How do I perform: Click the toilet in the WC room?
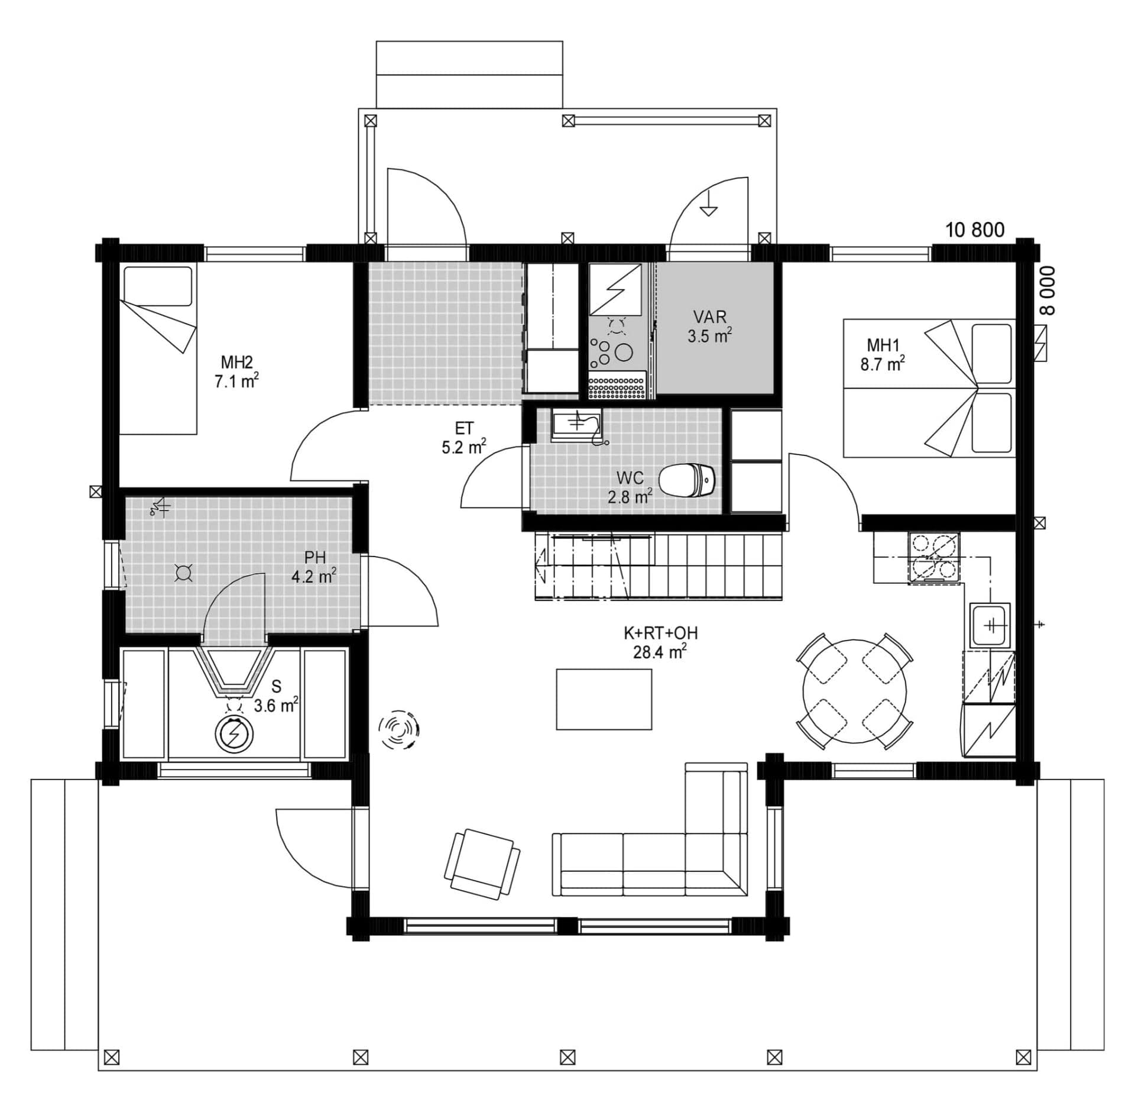(687, 480)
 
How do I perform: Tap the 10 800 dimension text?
(975, 229)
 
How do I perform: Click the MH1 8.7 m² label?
(882, 354)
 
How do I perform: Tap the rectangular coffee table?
(604, 699)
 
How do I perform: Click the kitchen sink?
(990, 625)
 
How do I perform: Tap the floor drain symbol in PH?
(183, 573)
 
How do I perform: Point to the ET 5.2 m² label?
(464, 438)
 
